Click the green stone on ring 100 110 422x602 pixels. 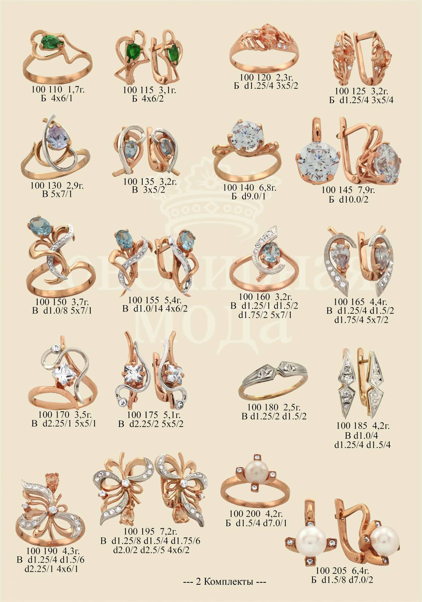pyautogui.click(x=52, y=42)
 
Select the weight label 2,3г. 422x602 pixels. pyautogui.click(x=285, y=78)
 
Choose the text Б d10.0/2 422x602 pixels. pyautogui.click(x=348, y=200)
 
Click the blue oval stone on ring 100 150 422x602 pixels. pyautogui.click(x=40, y=227)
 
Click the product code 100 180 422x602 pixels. pyautogui.click(x=262, y=407)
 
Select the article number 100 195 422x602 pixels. pyautogui.click(x=139, y=531)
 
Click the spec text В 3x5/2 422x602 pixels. pyautogui.click(x=148, y=190)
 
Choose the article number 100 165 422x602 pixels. pyautogui.click(x=349, y=302)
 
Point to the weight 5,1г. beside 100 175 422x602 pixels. pyautogui.click(x=172, y=415)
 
